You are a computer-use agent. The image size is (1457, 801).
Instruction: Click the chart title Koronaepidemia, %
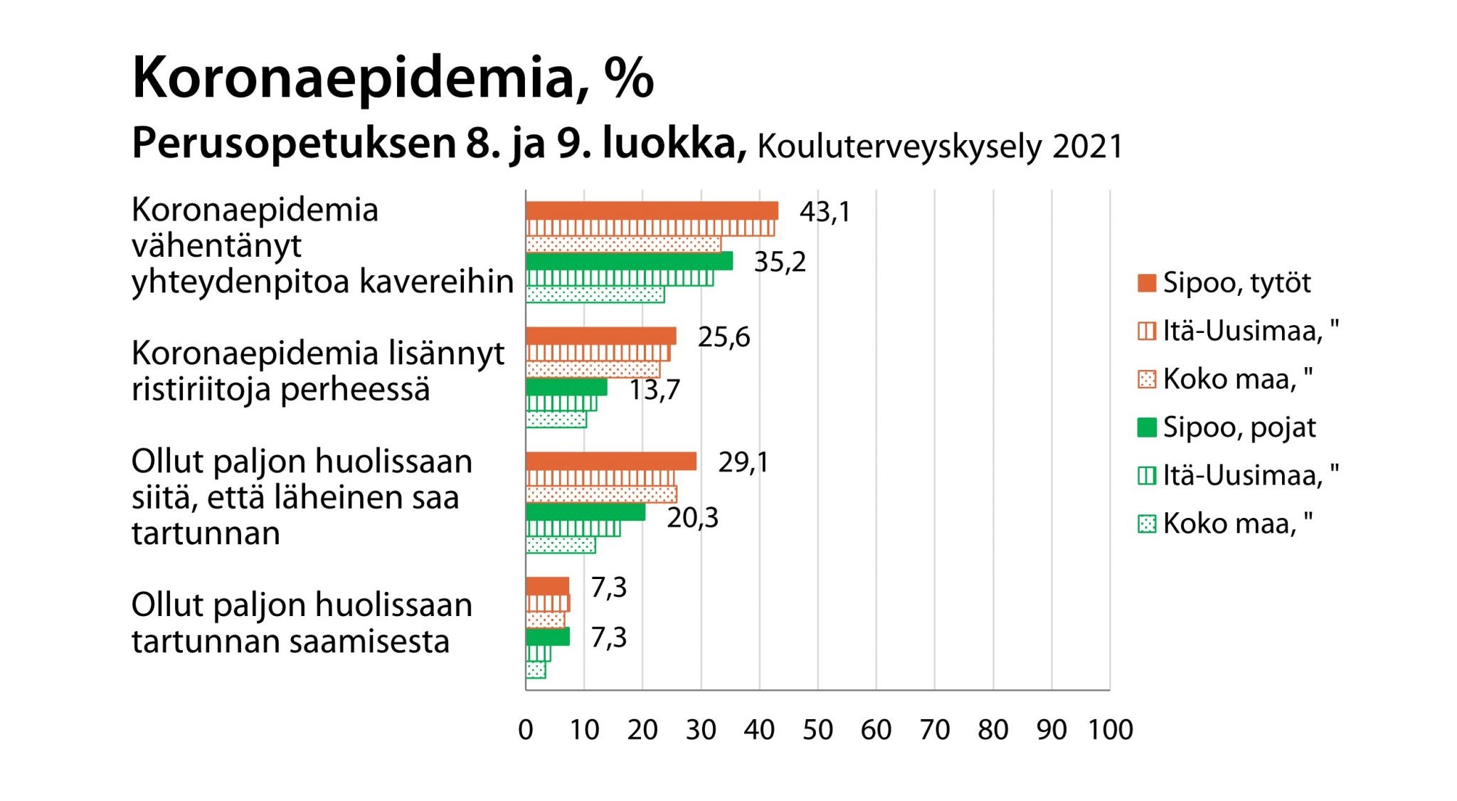[x=392, y=78]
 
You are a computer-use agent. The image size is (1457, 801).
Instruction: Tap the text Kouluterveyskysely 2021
[x=940, y=147]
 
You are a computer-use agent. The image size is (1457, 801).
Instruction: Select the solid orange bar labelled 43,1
[x=651, y=211]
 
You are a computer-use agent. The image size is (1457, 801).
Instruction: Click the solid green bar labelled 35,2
[x=629, y=261]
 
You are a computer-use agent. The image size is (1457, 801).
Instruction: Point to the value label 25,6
[x=724, y=337]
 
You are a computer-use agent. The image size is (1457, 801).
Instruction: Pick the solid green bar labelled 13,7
[x=566, y=387]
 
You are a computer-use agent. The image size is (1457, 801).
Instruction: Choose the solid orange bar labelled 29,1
[x=610, y=461]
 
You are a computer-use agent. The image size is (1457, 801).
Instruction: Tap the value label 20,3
[x=692, y=518]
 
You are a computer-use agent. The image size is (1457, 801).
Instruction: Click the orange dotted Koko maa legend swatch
[x=1147, y=379]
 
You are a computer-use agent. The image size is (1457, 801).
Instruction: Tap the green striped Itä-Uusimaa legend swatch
[x=1147, y=475]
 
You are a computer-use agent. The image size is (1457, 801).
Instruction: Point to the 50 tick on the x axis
[x=817, y=730]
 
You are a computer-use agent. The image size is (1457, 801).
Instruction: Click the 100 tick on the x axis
[x=1110, y=730]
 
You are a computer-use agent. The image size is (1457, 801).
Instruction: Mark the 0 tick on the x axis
[x=526, y=730]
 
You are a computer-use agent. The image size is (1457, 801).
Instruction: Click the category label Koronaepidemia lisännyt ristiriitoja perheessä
[x=317, y=371]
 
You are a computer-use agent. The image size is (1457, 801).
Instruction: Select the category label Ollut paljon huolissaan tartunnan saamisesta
[x=302, y=622]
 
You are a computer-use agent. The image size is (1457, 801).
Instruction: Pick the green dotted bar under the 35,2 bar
[x=595, y=295]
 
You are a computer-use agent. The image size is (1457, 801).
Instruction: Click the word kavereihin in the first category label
[x=436, y=282]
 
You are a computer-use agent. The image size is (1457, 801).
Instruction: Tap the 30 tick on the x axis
[x=701, y=730]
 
